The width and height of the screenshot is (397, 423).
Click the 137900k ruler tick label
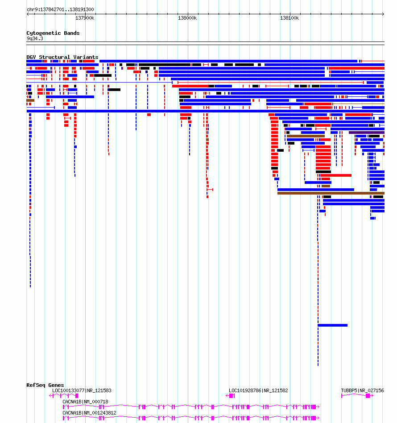click(85, 18)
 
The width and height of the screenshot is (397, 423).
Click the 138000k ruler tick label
click(187, 18)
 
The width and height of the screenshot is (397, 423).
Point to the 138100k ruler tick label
click(289, 18)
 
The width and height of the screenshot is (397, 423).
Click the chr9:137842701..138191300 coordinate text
click(60, 9)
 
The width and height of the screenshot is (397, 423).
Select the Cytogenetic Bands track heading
click(53, 33)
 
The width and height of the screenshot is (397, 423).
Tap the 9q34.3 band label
click(35, 38)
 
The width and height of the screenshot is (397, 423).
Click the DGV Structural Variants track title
click(62, 57)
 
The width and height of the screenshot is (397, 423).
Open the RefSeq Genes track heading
click(45, 385)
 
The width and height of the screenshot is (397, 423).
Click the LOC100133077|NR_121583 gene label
click(82, 390)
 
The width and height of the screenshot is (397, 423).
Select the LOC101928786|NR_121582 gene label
click(258, 390)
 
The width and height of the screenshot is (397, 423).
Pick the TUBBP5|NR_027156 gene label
click(362, 390)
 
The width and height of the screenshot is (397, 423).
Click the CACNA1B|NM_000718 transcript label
click(85, 402)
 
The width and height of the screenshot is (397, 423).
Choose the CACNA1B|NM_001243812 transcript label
click(89, 412)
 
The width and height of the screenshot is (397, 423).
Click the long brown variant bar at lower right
click(331, 193)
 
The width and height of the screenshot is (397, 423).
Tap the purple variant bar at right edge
click(367, 133)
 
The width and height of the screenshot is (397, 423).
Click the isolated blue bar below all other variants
click(332, 325)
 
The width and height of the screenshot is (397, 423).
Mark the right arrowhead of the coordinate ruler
click(383, 14)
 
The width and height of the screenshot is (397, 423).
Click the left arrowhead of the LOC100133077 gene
click(50, 396)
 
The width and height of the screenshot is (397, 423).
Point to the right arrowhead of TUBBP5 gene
click(372, 396)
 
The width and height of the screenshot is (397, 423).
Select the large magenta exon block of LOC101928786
click(231, 396)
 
